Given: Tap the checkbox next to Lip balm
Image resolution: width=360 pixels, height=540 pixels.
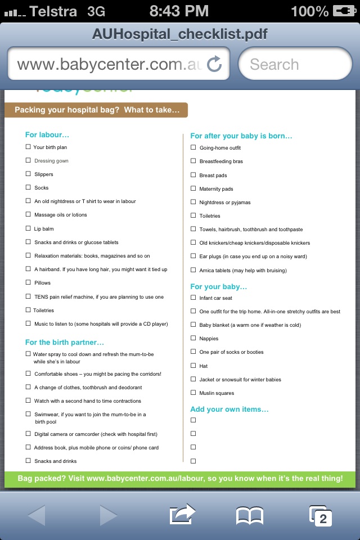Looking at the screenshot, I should click(x=28, y=228).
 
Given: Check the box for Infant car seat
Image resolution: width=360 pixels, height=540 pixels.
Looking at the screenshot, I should click(x=193, y=298).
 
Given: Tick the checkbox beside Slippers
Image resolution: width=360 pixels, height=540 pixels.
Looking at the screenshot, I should click(x=28, y=174).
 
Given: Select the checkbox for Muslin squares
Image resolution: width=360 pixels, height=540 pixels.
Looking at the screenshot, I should click(x=193, y=393).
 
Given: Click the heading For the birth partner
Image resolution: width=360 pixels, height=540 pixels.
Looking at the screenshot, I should click(x=65, y=342).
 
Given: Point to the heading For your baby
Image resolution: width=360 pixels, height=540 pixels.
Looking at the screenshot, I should click(x=219, y=286).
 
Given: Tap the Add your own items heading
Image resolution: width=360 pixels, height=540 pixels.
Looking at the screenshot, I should click(x=229, y=409).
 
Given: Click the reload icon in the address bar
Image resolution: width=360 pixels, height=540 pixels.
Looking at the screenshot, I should click(x=214, y=64).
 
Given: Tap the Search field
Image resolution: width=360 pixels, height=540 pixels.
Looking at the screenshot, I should click(x=295, y=64).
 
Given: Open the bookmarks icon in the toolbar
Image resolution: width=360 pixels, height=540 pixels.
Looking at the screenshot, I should click(x=250, y=515).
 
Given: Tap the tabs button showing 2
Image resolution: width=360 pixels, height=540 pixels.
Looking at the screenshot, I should click(x=320, y=515).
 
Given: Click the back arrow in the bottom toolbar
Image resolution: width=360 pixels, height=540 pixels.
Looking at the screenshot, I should click(x=37, y=515).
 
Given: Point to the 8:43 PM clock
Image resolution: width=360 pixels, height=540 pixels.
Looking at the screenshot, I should click(x=179, y=11).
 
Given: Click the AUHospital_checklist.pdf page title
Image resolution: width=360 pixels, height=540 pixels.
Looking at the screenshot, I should click(x=180, y=34).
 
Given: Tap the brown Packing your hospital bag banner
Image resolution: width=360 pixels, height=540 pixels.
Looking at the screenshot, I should click(x=96, y=110).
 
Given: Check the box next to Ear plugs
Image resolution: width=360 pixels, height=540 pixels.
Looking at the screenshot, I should click(x=193, y=256).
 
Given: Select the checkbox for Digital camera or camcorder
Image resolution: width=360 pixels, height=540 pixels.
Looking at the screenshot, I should click(x=28, y=434).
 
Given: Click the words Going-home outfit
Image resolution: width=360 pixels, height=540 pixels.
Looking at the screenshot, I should click(x=220, y=148).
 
